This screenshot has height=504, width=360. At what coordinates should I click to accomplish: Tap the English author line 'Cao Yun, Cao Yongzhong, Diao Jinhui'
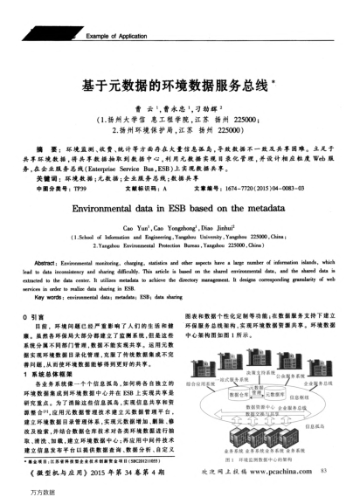pyautogui.click(x=179, y=229)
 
